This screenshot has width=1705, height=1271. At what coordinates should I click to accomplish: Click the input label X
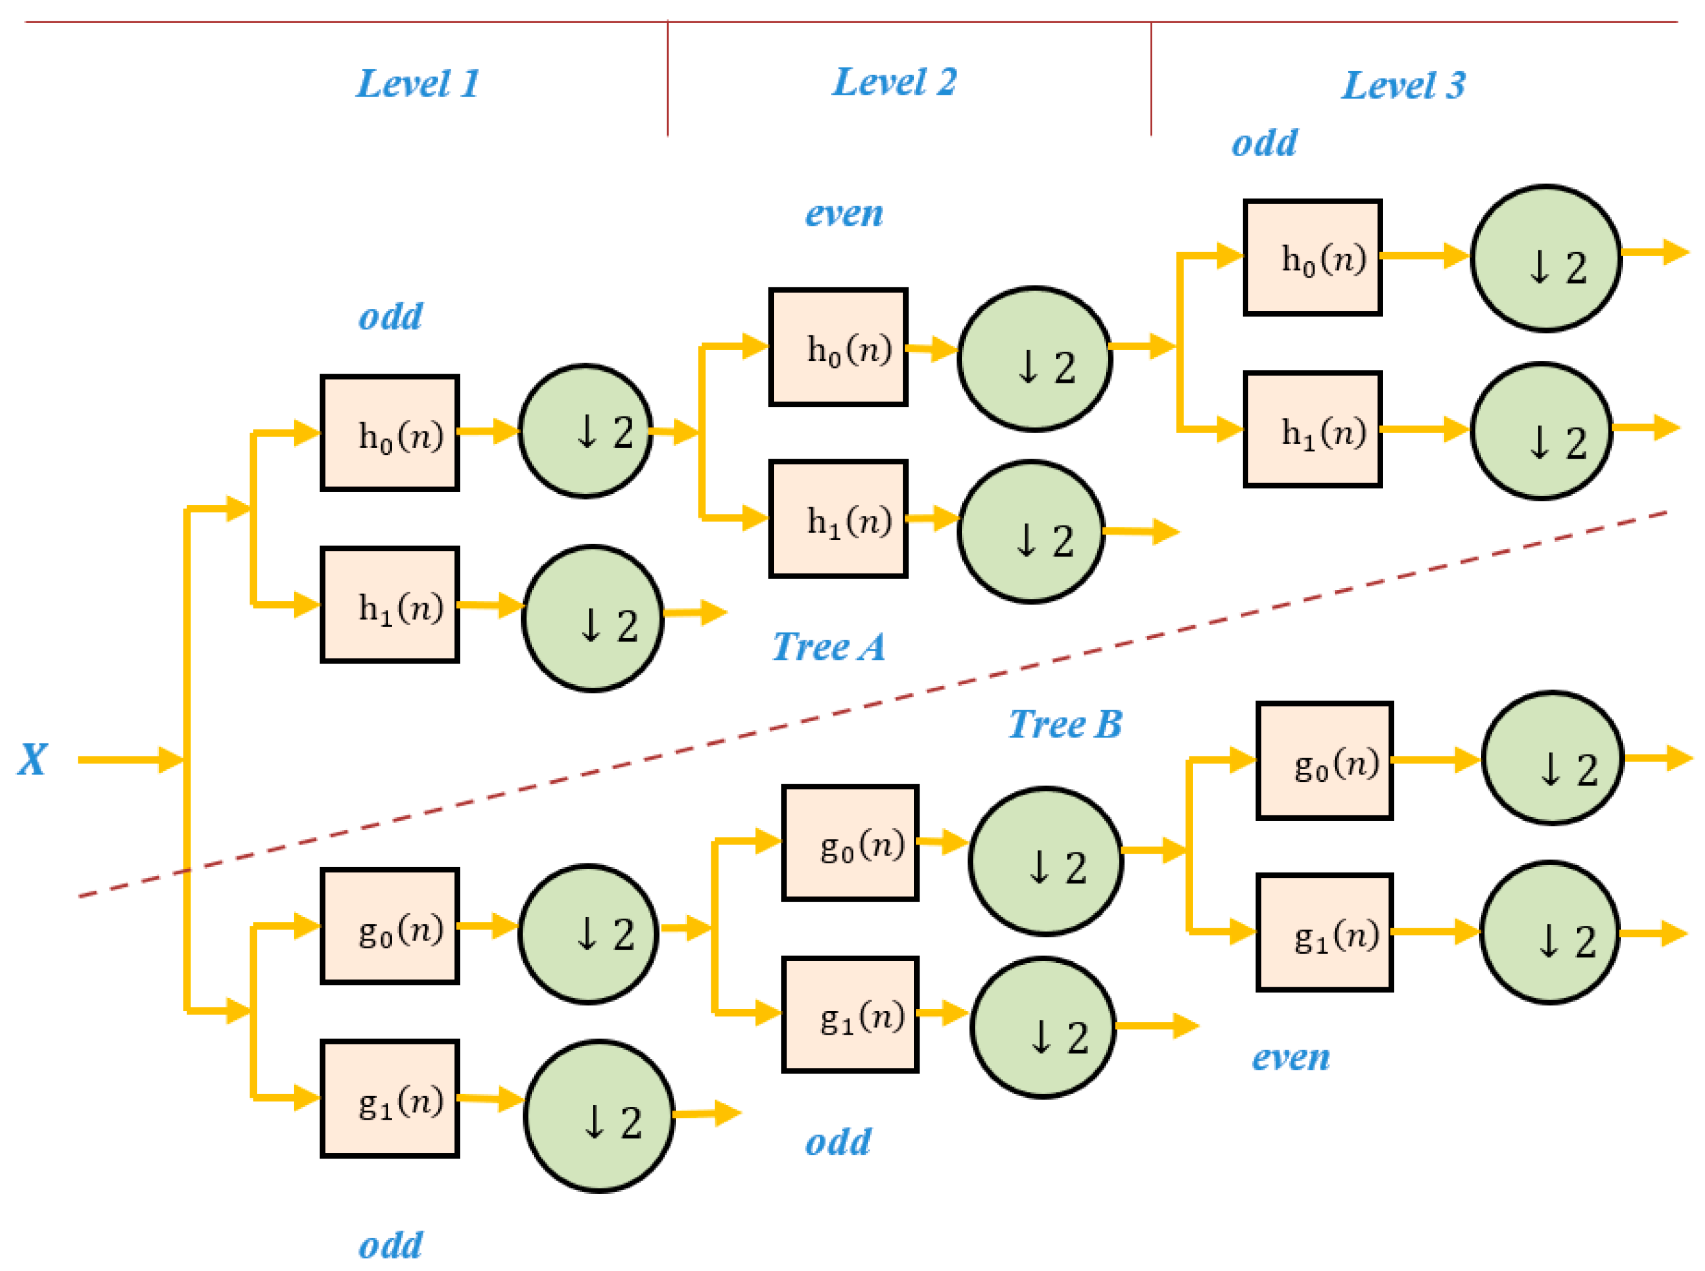[32, 759]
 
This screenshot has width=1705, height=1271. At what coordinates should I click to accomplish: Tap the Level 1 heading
[418, 83]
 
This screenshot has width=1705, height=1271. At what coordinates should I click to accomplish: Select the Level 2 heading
[895, 81]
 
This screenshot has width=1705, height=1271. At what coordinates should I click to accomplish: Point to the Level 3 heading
[1404, 84]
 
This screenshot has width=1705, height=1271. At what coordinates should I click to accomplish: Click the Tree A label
[829, 646]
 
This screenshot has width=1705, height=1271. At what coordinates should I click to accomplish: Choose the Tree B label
[1065, 724]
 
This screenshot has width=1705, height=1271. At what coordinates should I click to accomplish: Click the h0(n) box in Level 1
[390, 433]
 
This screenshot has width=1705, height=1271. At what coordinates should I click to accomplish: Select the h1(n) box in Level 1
[390, 605]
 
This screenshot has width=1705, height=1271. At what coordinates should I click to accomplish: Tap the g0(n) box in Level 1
[390, 927]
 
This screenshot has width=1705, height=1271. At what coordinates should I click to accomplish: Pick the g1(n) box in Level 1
[390, 1098]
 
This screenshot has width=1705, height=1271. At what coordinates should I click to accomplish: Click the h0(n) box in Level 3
[1313, 258]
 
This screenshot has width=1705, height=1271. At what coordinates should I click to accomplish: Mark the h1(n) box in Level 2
[838, 519]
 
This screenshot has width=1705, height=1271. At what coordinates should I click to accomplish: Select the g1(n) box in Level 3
[1324, 933]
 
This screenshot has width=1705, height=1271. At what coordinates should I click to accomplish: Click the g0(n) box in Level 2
[850, 843]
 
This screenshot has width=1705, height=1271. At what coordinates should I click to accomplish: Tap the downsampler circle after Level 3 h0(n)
[1546, 258]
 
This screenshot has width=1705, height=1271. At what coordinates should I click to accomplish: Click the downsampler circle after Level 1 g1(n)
[599, 1116]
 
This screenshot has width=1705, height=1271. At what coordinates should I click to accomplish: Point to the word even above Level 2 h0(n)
[844, 213]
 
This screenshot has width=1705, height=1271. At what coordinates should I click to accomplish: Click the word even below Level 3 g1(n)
[1291, 1057]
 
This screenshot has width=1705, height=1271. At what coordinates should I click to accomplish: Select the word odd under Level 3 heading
[1263, 143]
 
